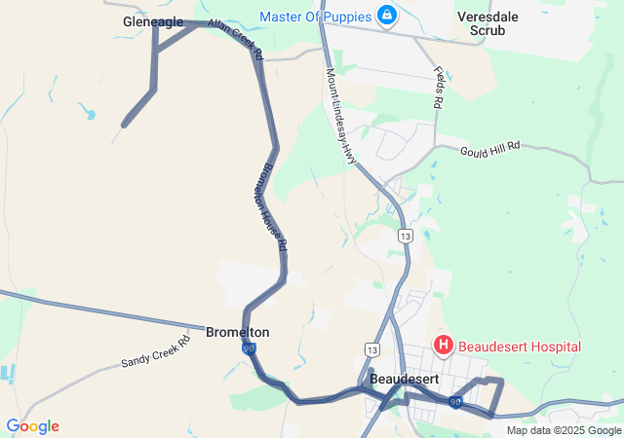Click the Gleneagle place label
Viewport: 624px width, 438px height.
click(153, 21)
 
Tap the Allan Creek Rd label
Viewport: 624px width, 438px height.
click(236, 39)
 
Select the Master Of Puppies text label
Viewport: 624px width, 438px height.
click(316, 17)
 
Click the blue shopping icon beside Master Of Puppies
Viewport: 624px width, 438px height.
click(388, 17)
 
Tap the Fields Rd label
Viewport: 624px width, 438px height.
click(440, 88)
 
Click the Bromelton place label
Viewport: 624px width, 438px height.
click(238, 332)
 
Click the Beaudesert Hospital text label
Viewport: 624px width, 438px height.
click(521, 347)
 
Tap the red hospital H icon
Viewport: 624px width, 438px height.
click(444, 346)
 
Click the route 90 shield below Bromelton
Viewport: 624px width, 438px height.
click(250, 347)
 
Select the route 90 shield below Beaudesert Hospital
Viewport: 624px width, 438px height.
click(455, 401)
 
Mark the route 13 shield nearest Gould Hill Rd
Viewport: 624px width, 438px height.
click(405, 237)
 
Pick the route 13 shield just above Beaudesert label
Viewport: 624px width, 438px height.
click(371, 349)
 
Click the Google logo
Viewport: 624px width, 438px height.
click(32, 426)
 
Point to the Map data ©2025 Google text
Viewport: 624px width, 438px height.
click(564, 430)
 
